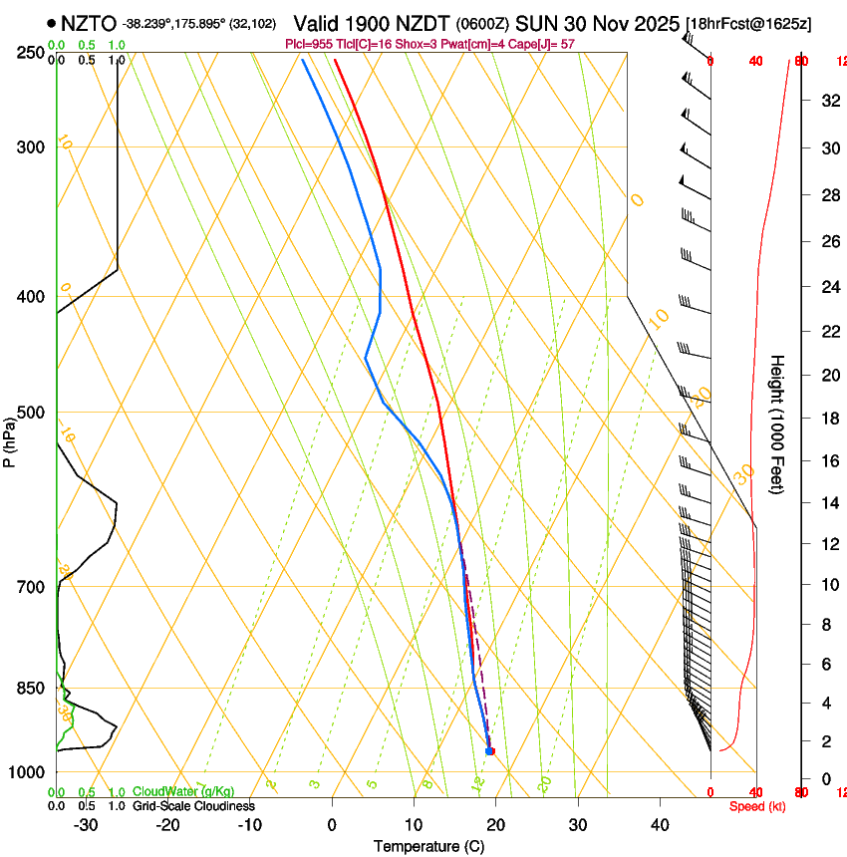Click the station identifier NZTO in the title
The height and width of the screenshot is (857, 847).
click(x=89, y=23)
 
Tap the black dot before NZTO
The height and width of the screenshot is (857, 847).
click(x=51, y=23)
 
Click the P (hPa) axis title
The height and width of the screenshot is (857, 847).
click(x=9, y=436)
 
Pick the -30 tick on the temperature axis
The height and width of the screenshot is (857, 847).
click(x=86, y=825)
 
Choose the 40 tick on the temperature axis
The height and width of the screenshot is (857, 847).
click(x=659, y=825)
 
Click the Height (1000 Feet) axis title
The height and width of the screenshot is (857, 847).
click(x=778, y=424)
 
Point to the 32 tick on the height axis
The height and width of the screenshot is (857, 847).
click(x=829, y=101)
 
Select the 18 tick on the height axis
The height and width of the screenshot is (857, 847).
click(x=829, y=419)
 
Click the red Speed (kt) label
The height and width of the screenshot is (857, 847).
click(x=756, y=805)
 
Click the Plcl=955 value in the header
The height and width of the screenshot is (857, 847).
click(x=311, y=44)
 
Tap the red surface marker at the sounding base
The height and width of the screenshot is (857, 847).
click(x=490, y=750)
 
